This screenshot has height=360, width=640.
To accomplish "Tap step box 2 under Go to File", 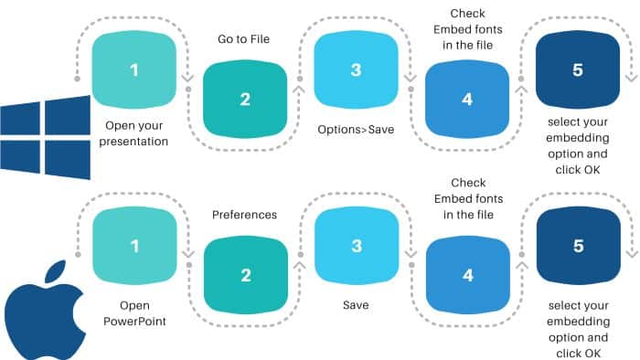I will pyautogui.click(x=245, y=100).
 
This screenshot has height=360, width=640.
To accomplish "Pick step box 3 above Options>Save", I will pyautogui.click(x=355, y=70).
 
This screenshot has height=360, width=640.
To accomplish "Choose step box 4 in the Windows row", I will pyautogui.click(x=467, y=100).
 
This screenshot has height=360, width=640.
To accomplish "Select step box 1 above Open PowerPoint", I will pyautogui.click(x=134, y=246).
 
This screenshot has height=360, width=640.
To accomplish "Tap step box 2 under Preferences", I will pyautogui.click(x=245, y=275).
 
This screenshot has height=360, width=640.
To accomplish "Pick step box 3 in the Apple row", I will pyautogui.click(x=355, y=246).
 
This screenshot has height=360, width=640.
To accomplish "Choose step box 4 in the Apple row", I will pyautogui.click(x=467, y=275).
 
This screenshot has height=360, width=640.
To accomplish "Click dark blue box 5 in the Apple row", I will pyautogui.click(x=577, y=246).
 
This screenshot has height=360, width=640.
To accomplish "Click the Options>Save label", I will pyautogui.click(x=356, y=130).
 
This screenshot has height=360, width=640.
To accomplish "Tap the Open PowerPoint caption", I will pyautogui.click(x=134, y=312).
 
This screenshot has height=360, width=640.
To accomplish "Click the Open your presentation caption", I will pyautogui.click(x=137, y=133).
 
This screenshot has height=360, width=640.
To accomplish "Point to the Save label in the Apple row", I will pyautogui.click(x=356, y=304).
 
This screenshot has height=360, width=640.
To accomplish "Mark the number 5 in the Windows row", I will pyautogui.click(x=577, y=70).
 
